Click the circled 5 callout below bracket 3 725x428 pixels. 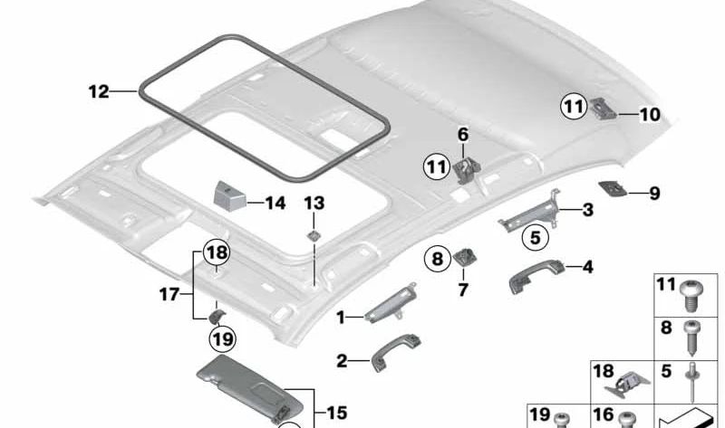[x=535, y=239]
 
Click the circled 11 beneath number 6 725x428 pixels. [x=437, y=166]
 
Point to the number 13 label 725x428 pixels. [x=314, y=202]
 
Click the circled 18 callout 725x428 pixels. [x=217, y=252]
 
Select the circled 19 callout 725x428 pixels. [x=221, y=340]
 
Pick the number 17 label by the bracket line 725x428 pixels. [x=169, y=293]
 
